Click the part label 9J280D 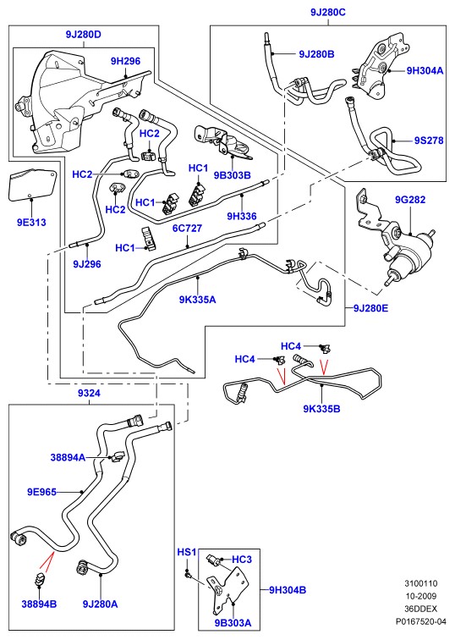point(83,35)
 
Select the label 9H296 point(125,61)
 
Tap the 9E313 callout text point(31,223)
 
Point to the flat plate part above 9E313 point(32,185)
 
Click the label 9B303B point(232,175)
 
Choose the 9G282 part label point(409,200)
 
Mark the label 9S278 point(429,141)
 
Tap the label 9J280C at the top point(328,12)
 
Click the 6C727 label point(187,229)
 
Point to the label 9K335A point(197,300)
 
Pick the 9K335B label point(321,409)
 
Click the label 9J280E point(370,308)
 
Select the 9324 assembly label point(89,394)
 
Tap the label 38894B point(39,604)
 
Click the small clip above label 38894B point(40,580)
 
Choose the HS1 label point(187,552)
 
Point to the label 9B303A point(233,623)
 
